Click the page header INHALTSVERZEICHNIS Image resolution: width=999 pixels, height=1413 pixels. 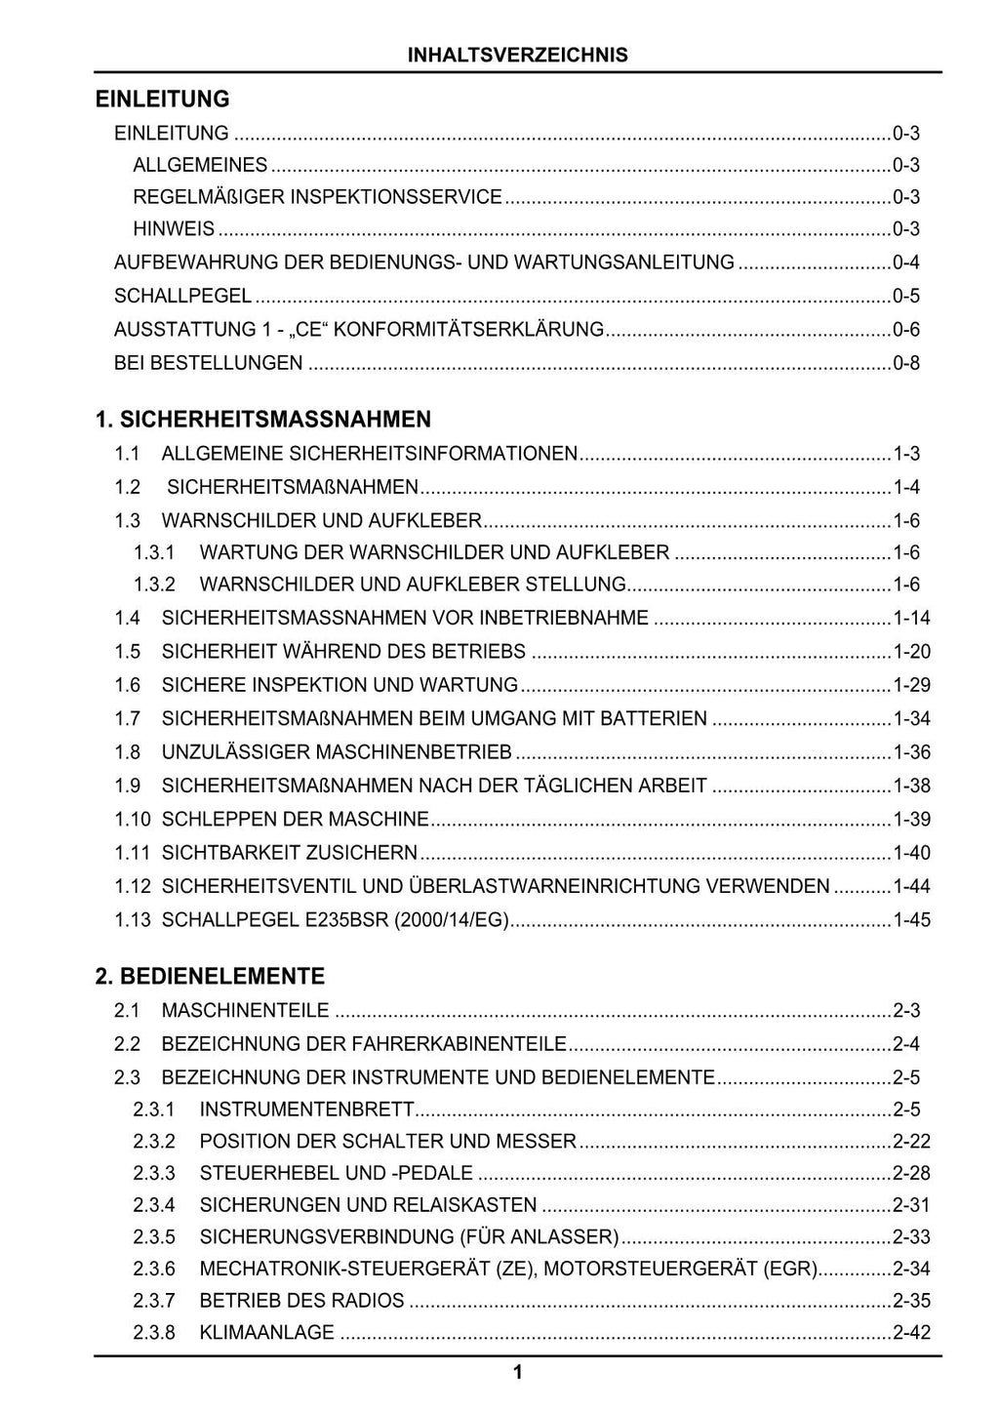click(518, 55)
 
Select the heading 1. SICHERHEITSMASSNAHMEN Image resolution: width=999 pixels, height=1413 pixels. click(263, 420)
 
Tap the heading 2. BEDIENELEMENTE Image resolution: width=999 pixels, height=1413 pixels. click(210, 977)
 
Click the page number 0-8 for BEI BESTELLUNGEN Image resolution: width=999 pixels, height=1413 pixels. click(906, 363)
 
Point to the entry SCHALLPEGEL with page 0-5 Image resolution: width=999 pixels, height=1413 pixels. click(182, 296)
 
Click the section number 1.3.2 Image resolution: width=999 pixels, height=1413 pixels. click(154, 585)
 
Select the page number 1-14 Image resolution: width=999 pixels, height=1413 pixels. click(911, 618)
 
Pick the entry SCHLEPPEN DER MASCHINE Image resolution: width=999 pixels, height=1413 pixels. click(295, 819)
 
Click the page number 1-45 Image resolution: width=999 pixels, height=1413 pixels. click(911, 919)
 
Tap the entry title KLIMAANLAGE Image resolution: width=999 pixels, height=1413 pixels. click(266, 1332)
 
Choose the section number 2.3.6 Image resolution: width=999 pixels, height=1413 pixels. click(154, 1269)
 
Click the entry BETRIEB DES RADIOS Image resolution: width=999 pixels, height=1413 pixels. click(301, 1301)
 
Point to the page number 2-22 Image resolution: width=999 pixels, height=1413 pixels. click(911, 1141)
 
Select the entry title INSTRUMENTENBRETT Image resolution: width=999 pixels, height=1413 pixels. click(307, 1110)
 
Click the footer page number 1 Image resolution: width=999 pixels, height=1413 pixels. click(518, 1373)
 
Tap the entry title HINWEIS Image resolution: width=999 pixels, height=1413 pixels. click(174, 229)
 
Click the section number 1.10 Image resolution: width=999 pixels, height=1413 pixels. click(132, 819)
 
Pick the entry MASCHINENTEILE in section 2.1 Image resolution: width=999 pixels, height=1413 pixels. click(245, 1011)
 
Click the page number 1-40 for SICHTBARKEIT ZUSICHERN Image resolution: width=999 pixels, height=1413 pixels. click(911, 853)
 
